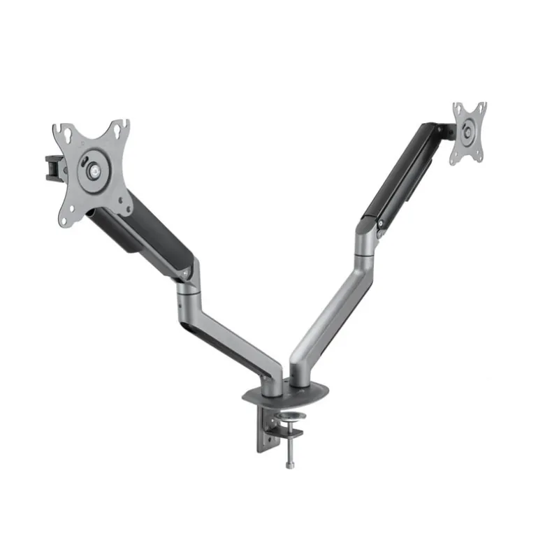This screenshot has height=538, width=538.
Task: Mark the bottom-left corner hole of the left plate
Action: point(67,219)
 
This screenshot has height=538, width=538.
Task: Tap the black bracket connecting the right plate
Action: point(439,131)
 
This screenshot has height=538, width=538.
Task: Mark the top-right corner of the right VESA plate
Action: point(482,106)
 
